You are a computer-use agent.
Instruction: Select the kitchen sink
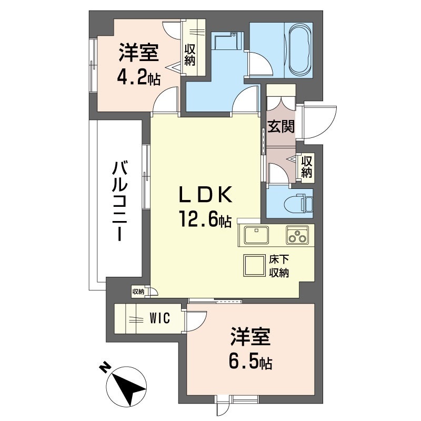pos(256,235)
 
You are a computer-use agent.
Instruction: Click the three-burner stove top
pos(297,235)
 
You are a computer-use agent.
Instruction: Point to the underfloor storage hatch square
pos(254,266)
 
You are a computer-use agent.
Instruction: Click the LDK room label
pos(206,195)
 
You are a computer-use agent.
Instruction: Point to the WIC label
pos(160,318)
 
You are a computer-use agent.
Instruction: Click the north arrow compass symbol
pos(126,387)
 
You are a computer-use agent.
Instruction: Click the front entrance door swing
pos(320,123)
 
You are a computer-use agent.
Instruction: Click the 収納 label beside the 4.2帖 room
pos(189,55)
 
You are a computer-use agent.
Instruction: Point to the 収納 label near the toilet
pos(307,166)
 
